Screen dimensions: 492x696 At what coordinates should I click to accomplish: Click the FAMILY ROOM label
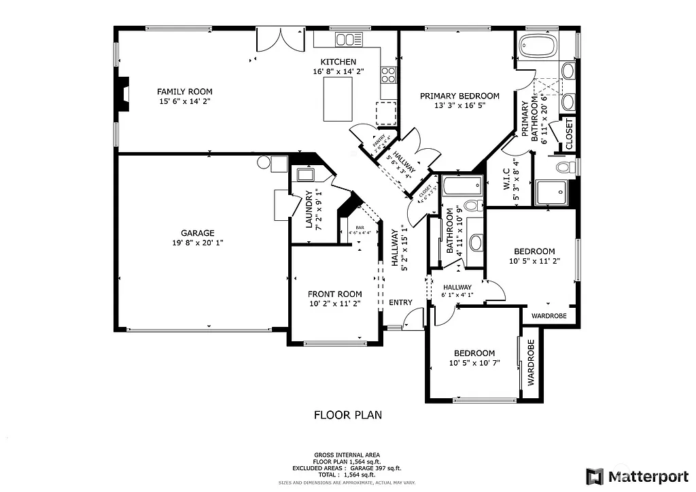tap(184, 91)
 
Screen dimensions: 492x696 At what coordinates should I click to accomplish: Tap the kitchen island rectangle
tap(337, 99)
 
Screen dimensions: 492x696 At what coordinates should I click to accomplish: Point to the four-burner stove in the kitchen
tap(388, 73)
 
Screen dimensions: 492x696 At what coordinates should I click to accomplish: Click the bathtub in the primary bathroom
tap(538, 48)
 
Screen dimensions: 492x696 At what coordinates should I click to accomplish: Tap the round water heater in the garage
tap(264, 162)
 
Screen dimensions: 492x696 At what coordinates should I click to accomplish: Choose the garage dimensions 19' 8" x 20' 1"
tap(197, 243)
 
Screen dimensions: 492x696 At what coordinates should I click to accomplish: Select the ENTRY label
tap(400, 302)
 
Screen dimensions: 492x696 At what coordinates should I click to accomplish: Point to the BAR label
tap(360, 228)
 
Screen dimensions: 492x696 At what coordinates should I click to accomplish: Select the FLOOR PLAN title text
tap(347, 415)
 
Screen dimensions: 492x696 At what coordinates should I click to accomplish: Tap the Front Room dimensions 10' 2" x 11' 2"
tap(334, 304)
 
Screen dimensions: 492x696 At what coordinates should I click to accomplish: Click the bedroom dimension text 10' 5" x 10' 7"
tap(474, 363)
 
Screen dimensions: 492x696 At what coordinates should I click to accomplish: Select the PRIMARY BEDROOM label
tap(459, 96)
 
